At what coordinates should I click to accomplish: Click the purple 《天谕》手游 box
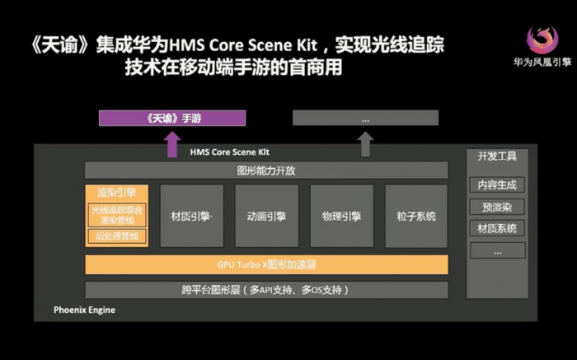coord(173,119)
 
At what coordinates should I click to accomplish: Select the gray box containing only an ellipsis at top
coord(365,119)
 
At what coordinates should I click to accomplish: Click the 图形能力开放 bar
coord(266,171)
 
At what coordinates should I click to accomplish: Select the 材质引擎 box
coord(191,217)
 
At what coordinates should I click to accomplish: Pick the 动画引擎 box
coord(266,217)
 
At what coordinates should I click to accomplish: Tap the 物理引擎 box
coord(341,217)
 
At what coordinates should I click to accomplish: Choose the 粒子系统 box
coord(415,217)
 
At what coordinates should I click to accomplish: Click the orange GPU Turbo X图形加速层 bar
coord(266,264)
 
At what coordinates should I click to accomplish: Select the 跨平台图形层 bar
coord(266,290)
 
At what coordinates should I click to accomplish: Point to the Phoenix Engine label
coord(85,311)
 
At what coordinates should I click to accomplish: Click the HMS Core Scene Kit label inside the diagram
coord(230,152)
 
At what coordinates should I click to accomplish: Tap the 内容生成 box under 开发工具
coord(497,185)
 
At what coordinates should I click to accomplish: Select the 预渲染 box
coord(497,207)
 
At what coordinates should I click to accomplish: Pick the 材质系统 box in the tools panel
coord(497,228)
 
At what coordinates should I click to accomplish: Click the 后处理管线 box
coord(116,237)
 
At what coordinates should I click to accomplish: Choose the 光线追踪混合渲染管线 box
coord(116,214)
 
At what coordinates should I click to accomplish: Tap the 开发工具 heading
coord(497,155)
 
